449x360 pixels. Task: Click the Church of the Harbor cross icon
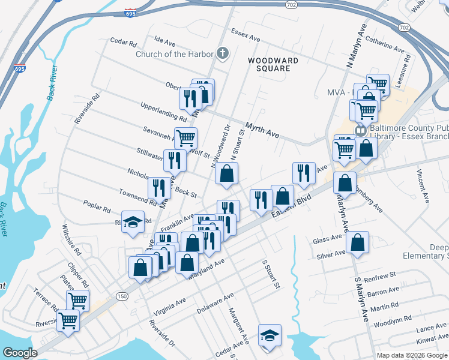point(223,53)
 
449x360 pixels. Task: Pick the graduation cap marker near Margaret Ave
point(270,335)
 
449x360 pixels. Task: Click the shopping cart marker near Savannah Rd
point(185,139)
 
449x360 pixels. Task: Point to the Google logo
point(20,353)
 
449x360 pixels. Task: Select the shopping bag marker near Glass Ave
point(357,243)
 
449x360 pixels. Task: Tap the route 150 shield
point(122,296)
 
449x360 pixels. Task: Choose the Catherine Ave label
point(384,43)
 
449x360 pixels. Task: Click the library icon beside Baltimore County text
point(360,130)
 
